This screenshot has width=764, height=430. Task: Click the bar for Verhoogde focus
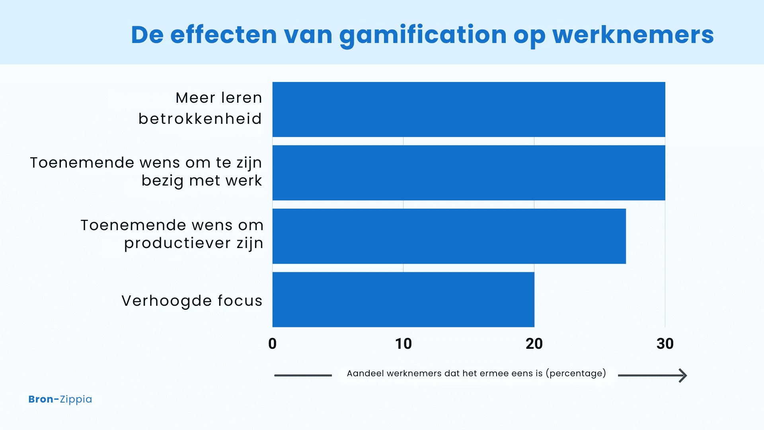(403, 299)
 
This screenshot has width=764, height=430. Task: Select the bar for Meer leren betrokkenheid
(468, 109)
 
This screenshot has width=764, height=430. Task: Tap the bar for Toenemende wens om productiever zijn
(449, 236)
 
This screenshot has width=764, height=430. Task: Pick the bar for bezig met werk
(468, 173)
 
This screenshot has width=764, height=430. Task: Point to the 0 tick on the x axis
(272, 344)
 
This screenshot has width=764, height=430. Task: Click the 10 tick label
(403, 344)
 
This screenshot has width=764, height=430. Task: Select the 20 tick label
(534, 344)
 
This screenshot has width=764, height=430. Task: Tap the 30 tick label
(665, 344)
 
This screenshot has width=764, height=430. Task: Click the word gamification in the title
(423, 35)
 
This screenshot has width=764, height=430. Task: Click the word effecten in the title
(223, 35)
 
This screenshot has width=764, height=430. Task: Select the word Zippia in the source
(76, 399)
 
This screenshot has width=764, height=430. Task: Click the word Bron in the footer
(41, 399)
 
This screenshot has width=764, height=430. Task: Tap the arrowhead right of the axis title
(683, 375)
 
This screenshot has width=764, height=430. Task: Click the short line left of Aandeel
(303, 375)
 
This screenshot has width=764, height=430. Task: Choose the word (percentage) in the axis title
(576, 373)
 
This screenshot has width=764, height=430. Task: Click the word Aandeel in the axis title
(365, 373)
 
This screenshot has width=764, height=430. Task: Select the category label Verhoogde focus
(192, 301)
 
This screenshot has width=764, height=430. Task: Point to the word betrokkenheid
(200, 119)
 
